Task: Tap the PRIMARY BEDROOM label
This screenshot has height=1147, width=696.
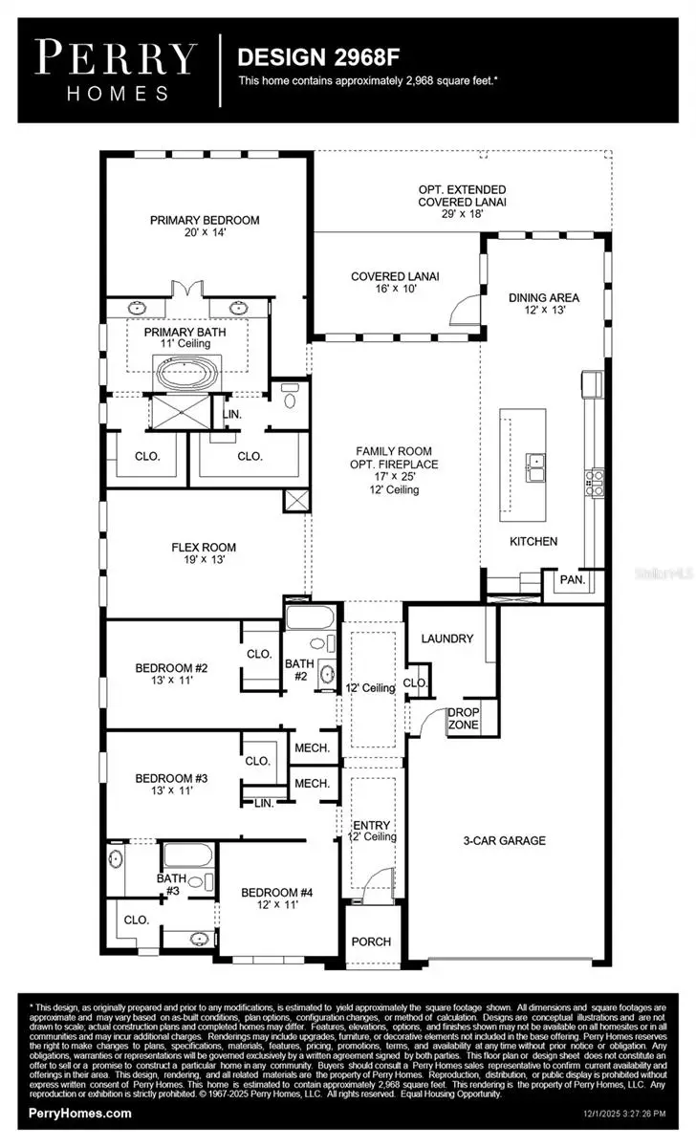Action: click(205, 220)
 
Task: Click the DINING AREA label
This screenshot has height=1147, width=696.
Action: click(543, 297)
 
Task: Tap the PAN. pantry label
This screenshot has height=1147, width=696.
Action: click(572, 579)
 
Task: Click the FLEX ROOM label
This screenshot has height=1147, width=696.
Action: click(204, 548)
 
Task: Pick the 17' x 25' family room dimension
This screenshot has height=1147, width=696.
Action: click(394, 477)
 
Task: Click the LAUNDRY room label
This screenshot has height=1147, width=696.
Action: click(447, 638)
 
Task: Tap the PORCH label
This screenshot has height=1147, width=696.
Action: click(371, 941)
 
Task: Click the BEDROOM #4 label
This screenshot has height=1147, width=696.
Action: click(277, 893)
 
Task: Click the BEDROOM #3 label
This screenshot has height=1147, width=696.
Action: click(171, 778)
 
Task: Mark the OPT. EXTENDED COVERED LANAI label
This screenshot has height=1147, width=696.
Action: click(462, 196)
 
